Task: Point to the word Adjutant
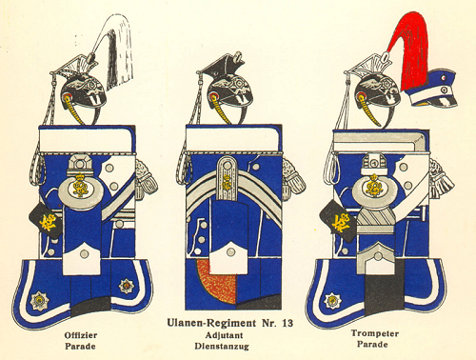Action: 224,335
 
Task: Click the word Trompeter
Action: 375,333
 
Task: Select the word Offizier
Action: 81,335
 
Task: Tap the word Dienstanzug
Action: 222,346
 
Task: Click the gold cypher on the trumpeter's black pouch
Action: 341,222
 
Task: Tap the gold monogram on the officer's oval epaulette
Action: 80,187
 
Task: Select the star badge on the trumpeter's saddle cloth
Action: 332,300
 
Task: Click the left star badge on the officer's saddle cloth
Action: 39,300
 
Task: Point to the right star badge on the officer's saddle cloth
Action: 126,286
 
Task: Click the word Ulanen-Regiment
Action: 211,323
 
